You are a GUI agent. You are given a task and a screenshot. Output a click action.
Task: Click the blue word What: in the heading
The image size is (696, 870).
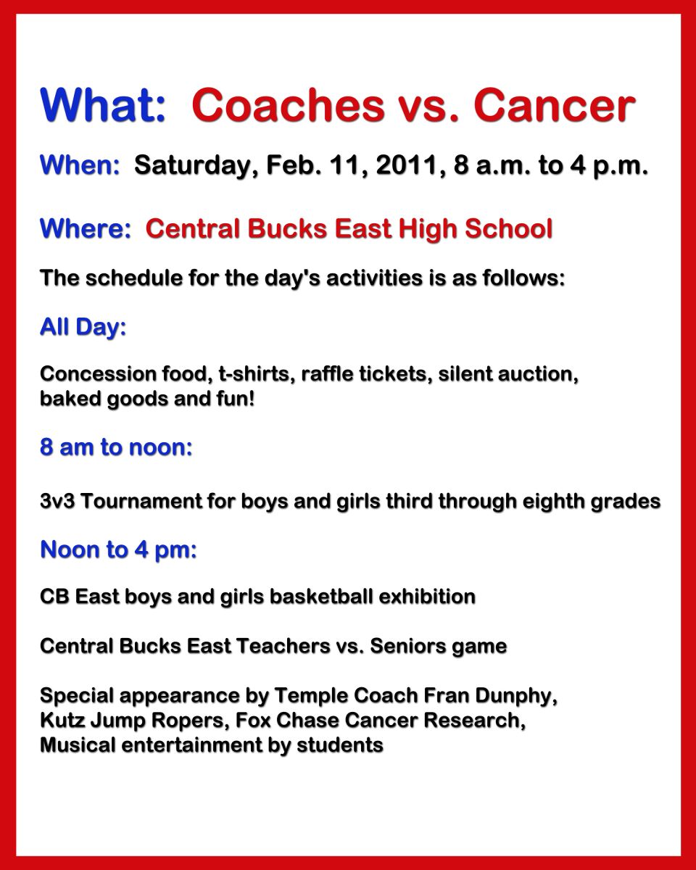tap(103, 105)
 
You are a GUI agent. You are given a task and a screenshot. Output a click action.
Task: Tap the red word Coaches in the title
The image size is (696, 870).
tap(288, 105)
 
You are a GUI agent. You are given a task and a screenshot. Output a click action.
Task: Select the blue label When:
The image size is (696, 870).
tap(80, 165)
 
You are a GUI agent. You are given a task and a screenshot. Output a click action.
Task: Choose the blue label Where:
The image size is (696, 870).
tap(86, 228)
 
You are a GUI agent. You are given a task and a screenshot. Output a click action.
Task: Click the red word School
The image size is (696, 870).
tap(509, 228)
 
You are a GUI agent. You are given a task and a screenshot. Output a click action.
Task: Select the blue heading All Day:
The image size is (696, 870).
tap(83, 327)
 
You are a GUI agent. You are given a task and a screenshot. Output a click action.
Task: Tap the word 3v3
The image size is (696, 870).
tap(57, 501)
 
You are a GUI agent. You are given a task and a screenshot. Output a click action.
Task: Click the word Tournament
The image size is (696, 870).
tap(141, 501)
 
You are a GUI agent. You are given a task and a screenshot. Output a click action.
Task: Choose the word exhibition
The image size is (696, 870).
tap(427, 597)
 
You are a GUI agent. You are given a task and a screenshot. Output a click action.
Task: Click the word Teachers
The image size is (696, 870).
tap(283, 646)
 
